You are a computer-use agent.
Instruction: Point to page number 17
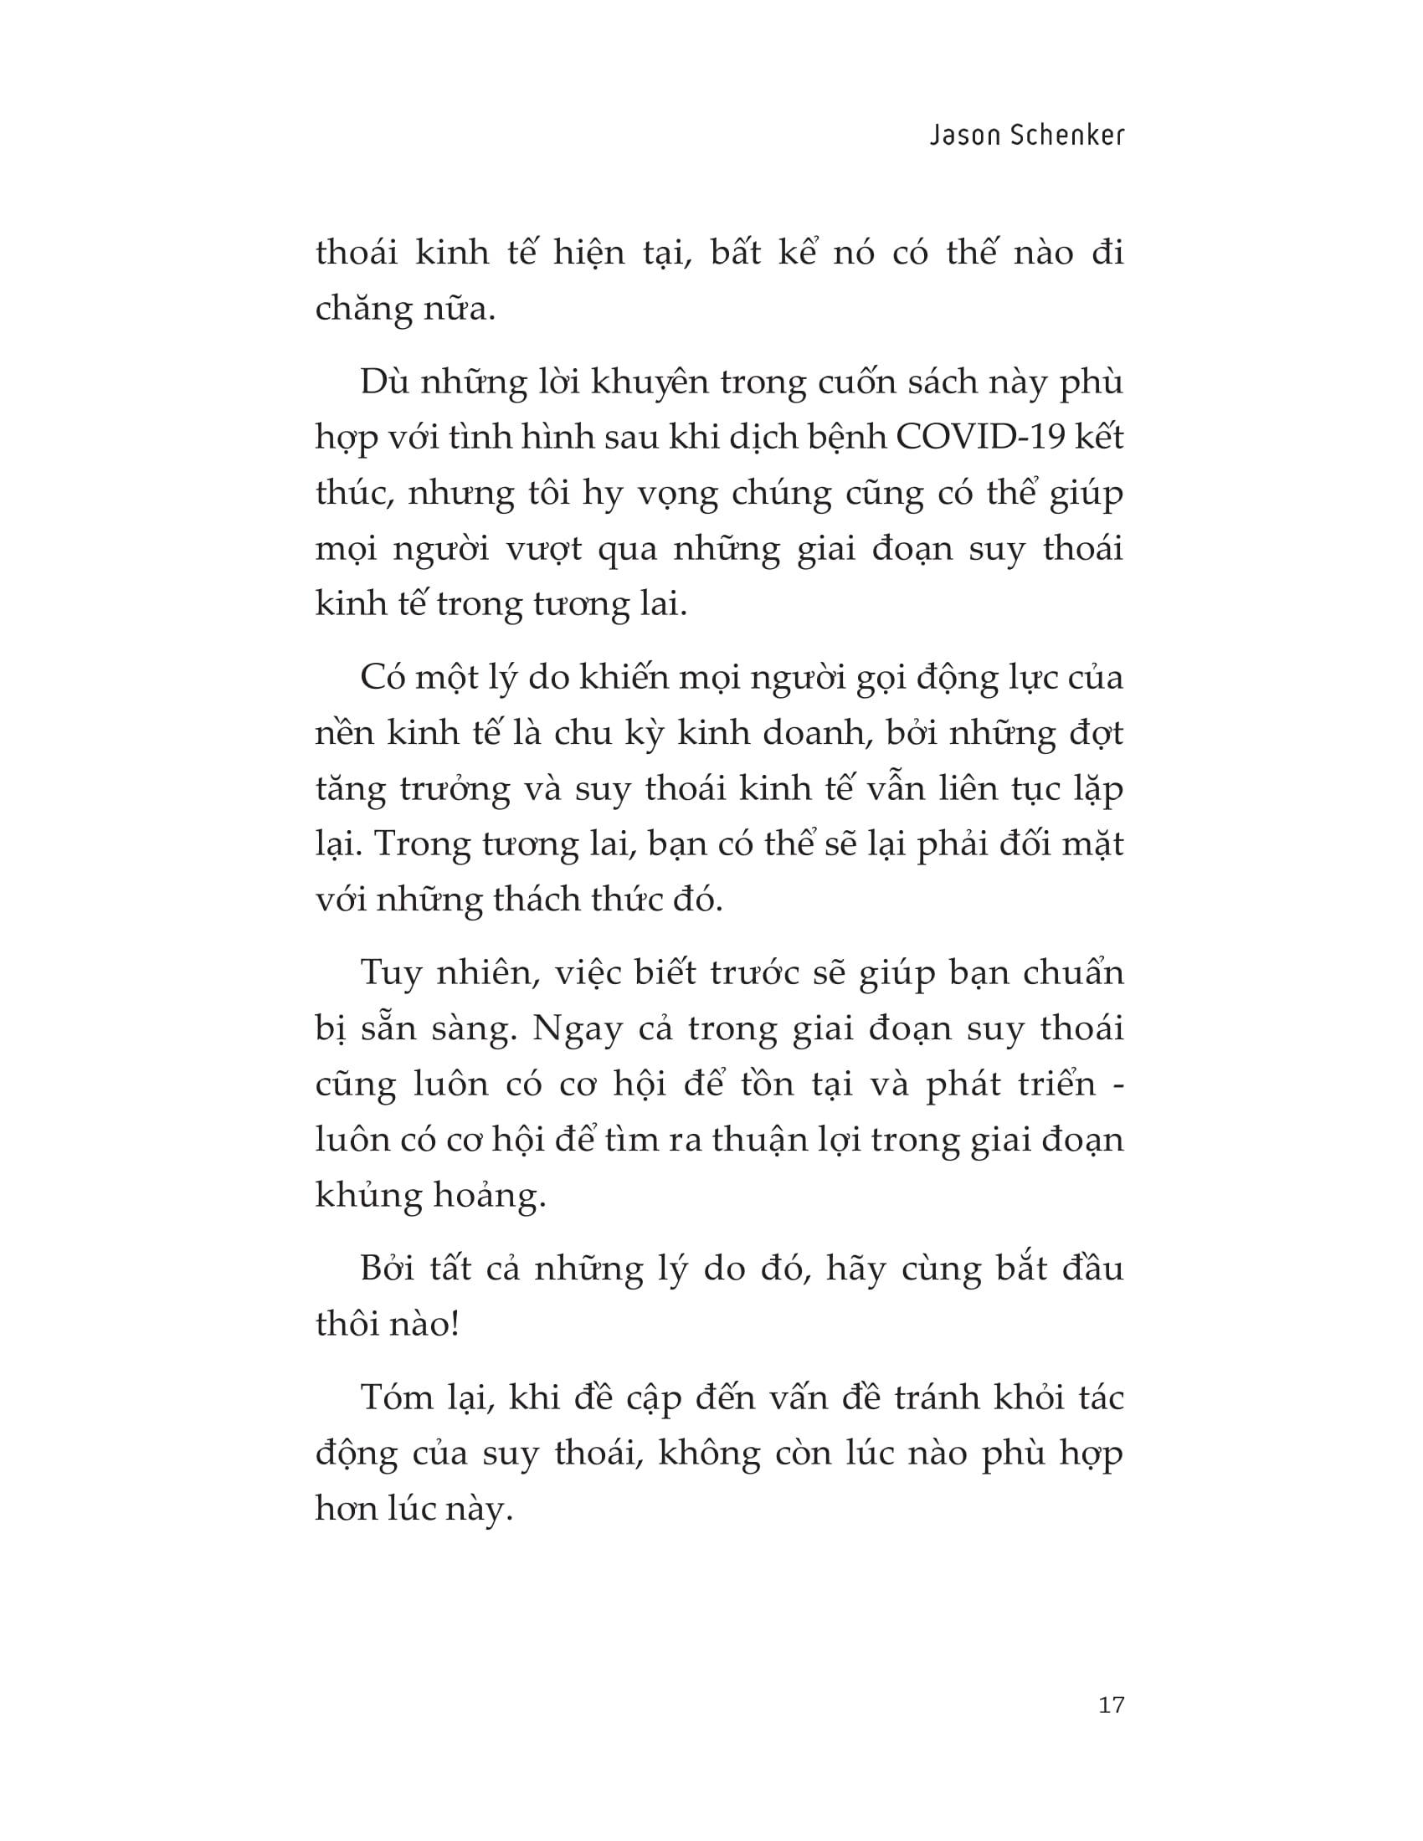1112,1705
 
